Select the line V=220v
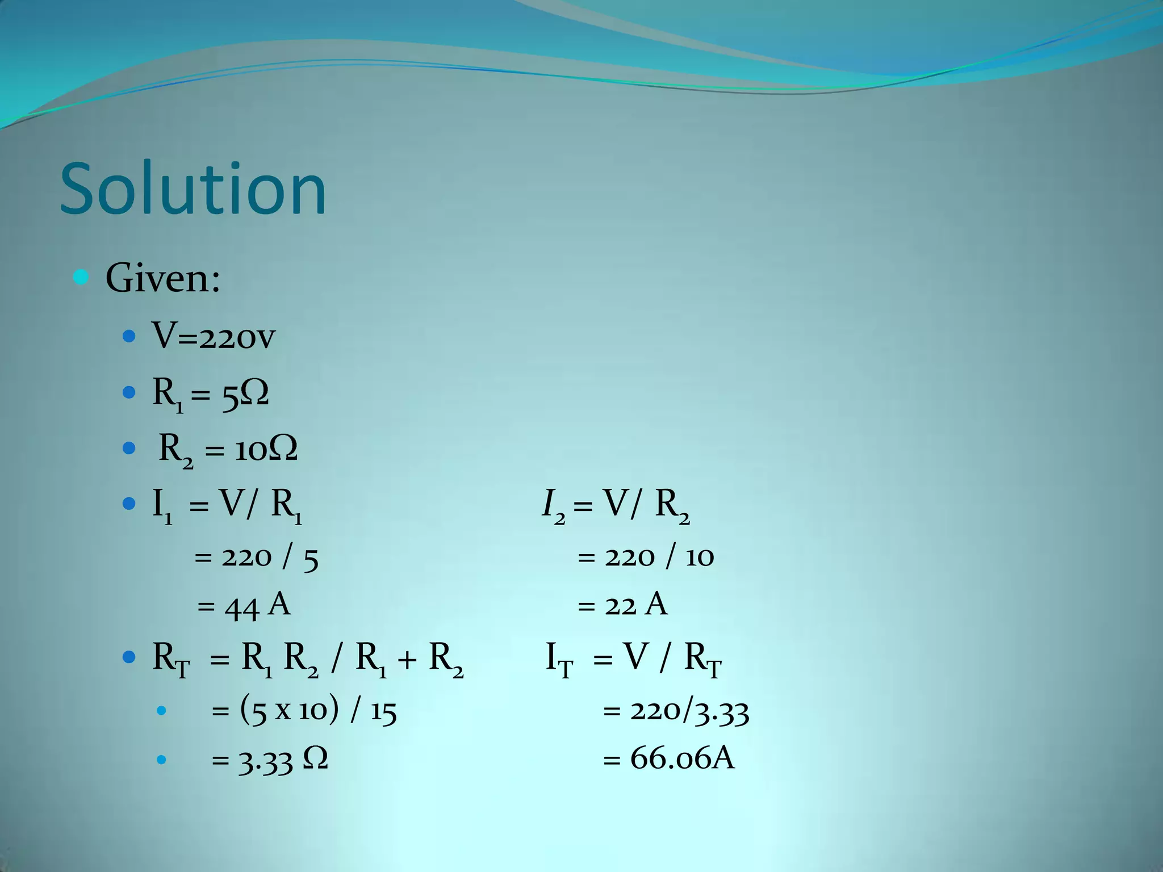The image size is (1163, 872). pos(213,336)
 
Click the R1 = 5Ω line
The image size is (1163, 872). pos(210,393)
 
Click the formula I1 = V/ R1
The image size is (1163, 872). pos(227,504)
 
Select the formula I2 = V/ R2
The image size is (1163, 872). pos(616,504)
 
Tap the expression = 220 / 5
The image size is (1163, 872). pos(256,557)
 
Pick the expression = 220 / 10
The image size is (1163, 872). pos(646,557)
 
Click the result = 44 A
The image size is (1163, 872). pos(244,605)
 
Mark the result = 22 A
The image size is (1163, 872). pos(622,605)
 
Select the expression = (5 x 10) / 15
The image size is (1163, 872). pos(304,710)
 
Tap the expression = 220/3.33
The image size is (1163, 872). pos(676,710)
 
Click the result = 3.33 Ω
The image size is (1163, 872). pos(270,760)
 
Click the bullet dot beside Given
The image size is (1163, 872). pos(81,278)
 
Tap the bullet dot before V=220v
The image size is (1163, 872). pos(129,337)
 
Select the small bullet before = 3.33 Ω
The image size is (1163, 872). pos(161,760)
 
